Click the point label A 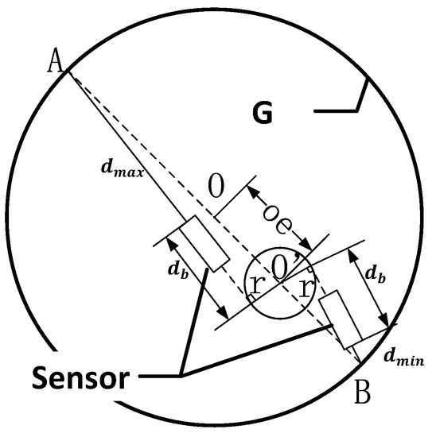(56, 61)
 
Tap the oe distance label (279, 214)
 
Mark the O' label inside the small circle (281, 269)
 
